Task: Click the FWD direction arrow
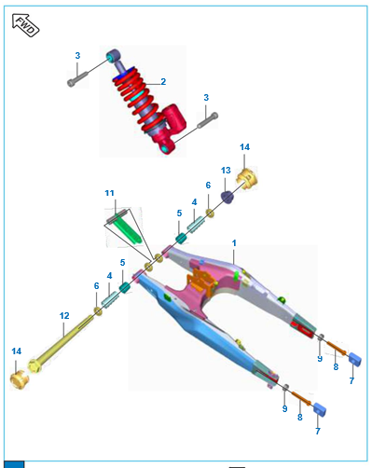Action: [25, 25]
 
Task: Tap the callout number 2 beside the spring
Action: [163, 81]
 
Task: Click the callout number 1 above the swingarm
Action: [234, 243]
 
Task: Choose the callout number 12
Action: [64, 316]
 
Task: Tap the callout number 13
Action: [226, 171]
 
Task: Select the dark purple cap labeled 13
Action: [227, 198]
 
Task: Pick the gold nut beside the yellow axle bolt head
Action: [20, 379]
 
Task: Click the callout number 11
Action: [109, 193]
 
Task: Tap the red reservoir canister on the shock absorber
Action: [174, 117]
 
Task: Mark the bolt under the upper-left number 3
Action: [77, 78]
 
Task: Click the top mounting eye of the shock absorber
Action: [113, 56]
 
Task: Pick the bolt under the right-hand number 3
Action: [208, 120]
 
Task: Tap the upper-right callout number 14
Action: [244, 147]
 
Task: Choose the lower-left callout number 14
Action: [17, 351]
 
